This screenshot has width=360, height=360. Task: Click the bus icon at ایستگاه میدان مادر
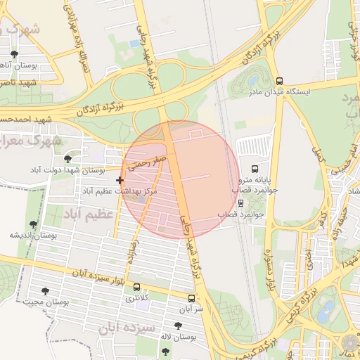(280, 81)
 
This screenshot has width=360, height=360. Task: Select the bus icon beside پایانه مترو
(254, 169)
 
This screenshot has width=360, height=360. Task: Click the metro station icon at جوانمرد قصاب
(241, 203)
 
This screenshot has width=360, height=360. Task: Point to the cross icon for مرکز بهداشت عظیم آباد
(120, 181)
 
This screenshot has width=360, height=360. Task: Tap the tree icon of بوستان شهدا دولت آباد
(67, 160)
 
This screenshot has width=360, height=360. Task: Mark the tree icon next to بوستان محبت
(46, 291)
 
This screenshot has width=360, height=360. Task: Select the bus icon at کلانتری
(136, 288)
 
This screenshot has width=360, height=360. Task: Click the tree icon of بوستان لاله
(177, 326)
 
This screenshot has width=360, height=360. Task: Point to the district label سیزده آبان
(125, 328)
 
